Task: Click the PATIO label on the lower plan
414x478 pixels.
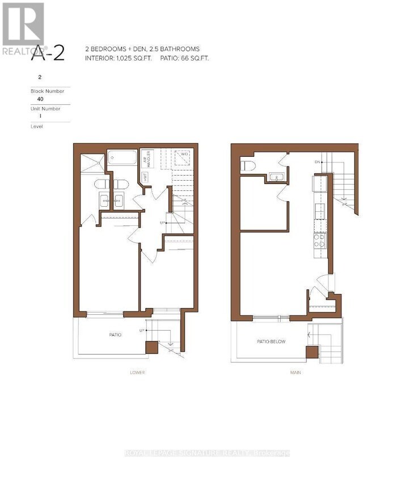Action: pos(115,335)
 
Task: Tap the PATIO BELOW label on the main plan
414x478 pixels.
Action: pos(271,342)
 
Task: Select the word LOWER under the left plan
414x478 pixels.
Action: pos(137,372)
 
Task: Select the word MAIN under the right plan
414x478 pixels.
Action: pos(295,372)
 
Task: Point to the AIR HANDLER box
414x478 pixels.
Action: pos(146,157)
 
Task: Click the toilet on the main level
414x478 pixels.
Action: pos(248,165)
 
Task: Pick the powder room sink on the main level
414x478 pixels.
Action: pos(276,177)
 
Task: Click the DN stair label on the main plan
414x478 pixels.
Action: pos(318,163)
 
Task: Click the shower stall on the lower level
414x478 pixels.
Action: pos(92,163)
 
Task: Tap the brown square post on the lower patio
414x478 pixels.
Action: pos(151,347)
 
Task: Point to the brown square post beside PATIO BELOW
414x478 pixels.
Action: pos(312,352)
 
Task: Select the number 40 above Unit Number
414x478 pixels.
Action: pos(40,98)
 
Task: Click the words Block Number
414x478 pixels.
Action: pos(43,90)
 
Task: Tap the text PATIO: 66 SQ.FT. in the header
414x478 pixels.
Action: pos(184,58)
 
